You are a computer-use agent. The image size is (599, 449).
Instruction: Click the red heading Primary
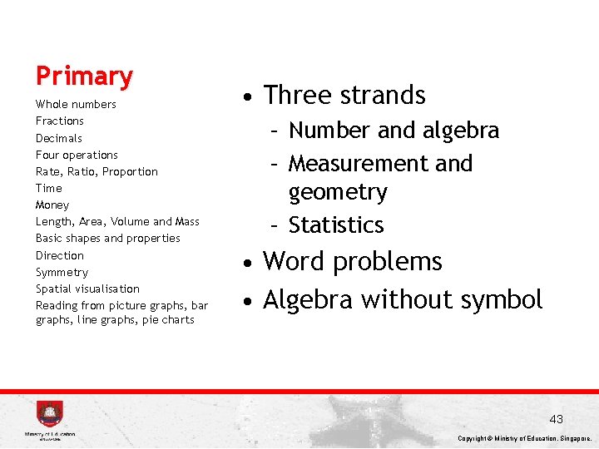coord(84,76)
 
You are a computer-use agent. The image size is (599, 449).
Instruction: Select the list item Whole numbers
coord(76,105)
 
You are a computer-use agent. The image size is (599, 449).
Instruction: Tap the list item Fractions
coord(60,121)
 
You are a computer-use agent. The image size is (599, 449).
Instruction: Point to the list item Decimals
coord(59,138)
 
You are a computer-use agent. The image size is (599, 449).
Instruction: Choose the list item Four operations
coord(77,155)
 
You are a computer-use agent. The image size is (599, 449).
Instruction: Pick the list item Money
coord(52,205)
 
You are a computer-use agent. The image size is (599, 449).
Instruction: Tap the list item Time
coord(49,189)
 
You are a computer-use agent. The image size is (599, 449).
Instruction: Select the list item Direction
coord(60,255)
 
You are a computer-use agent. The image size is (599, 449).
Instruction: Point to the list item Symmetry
coord(62,273)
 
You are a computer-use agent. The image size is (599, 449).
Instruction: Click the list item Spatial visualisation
coord(87,289)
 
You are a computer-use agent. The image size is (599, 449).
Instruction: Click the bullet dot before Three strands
coord(248,97)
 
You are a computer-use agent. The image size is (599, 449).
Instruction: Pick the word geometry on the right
coord(338,193)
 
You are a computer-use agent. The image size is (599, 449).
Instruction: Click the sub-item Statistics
coord(336,225)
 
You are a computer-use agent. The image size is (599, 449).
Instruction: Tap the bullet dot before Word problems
coord(248,264)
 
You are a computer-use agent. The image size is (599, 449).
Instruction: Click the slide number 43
coord(556,419)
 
